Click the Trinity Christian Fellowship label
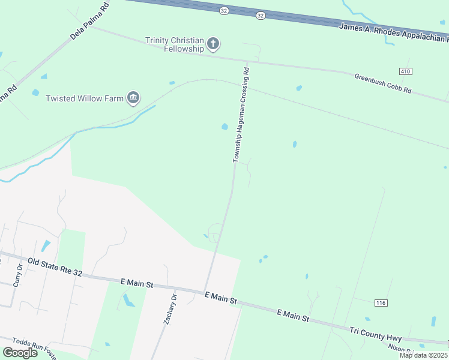point(174,44)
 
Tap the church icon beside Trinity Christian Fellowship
point(212,43)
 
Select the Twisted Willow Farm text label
point(84,98)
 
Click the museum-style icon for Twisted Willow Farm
point(133,98)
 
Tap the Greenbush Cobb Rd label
point(383,83)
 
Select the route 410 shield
point(405,71)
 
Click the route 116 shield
point(380,303)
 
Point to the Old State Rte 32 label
point(55,268)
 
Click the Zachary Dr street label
point(170,310)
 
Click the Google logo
point(19,353)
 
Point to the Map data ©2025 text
point(423,355)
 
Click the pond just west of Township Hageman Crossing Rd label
point(224,127)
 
